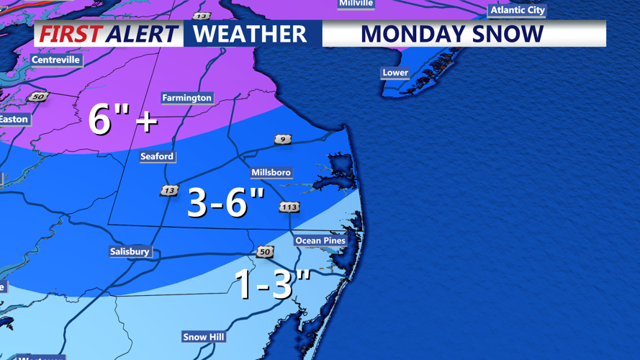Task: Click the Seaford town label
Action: [x=157, y=156]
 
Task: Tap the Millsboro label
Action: [x=271, y=173]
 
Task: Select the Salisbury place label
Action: [x=130, y=252]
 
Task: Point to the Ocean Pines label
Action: [x=320, y=240]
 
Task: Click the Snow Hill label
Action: [x=204, y=337]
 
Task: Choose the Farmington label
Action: [x=186, y=98]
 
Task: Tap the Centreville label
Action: [x=55, y=60]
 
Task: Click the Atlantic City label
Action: [x=518, y=10]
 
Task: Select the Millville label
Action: [x=356, y=4]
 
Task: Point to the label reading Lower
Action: [x=395, y=73]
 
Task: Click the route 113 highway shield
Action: [x=289, y=207]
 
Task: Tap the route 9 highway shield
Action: [x=283, y=139]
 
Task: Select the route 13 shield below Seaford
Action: [x=169, y=191]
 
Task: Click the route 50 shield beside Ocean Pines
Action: [x=265, y=252]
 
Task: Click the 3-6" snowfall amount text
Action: [x=226, y=202]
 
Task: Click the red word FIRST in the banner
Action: [x=70, y=34]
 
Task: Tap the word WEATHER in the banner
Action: [x=250, y=34]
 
